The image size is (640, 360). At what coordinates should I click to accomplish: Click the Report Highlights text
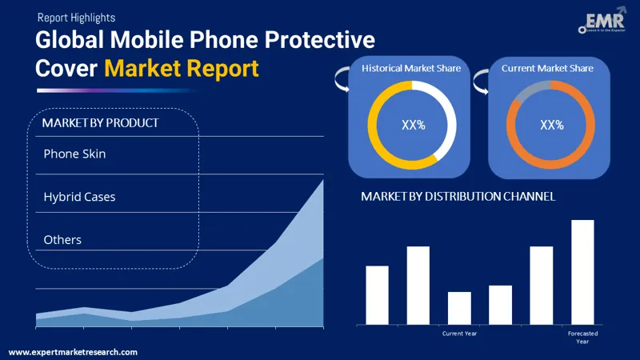click(75, 17)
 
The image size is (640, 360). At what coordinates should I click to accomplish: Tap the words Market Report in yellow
click(182, 69)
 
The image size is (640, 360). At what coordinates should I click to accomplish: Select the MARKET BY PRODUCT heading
click(100, 122)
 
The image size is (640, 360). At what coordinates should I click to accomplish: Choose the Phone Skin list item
click(74, 154)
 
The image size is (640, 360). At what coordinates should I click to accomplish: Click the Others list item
click(62, 239)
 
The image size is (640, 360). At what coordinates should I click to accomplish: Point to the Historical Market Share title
click(411, 69)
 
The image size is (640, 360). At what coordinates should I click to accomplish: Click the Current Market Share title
click(547, 69)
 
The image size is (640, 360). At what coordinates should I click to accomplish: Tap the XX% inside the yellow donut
click(412, 125)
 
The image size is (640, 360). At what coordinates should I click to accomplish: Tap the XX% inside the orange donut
click(552, 125)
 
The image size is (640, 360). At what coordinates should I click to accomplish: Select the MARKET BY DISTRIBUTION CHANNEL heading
click(458, 196)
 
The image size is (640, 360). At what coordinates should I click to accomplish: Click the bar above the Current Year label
click(459, 308)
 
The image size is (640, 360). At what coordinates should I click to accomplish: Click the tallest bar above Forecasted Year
click(582, 272)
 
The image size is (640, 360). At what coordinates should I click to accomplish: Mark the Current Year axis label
click(460, 333)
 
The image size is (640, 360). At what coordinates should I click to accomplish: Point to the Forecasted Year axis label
click(582, 337)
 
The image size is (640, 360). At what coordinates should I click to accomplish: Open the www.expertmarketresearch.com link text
click(73, 352)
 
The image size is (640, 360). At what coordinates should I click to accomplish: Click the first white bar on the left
click(377, 294)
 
